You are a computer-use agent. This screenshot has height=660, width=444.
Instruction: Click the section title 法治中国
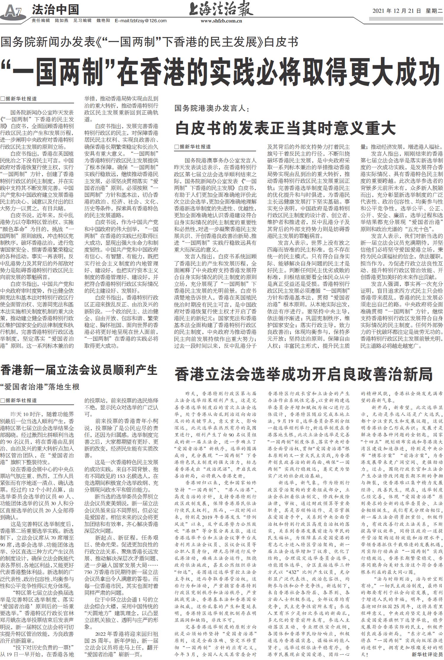pos(55,10)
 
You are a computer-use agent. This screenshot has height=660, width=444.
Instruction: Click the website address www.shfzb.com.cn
pos(221,21)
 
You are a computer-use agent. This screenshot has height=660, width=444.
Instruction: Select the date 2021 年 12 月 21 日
pos(396,11)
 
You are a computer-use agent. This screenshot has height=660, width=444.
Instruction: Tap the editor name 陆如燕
pos(62,21)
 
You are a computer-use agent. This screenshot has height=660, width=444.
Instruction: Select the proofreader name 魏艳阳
pos(103,21)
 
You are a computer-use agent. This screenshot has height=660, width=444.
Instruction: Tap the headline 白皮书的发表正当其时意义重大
pos(285,128)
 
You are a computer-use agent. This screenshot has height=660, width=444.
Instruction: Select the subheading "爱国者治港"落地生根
pos(40,387)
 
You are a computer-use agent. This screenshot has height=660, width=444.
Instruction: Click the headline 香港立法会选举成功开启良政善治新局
pos(303,374)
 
